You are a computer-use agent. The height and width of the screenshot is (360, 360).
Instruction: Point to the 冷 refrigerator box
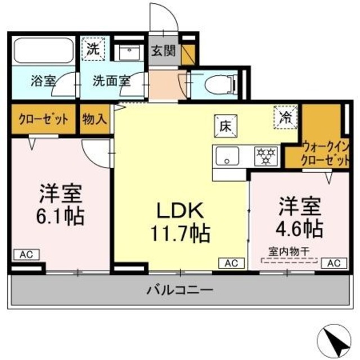pyautogui.click(x=286, y=118)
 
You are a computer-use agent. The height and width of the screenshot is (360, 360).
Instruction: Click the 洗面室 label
pyautogui.click(x=112, y=80)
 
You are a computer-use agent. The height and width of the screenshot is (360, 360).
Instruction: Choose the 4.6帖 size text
pyautogui.click(x=299, y=228)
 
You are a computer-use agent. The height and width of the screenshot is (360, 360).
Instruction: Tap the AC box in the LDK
pyautogui.click(x=231, y=263)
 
